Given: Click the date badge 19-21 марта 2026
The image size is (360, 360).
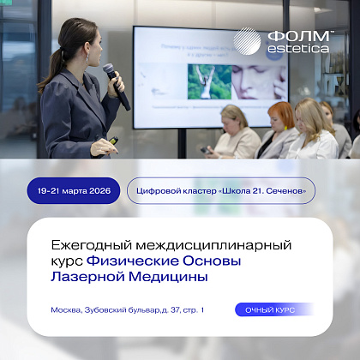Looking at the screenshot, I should click(x=70, y=190).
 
